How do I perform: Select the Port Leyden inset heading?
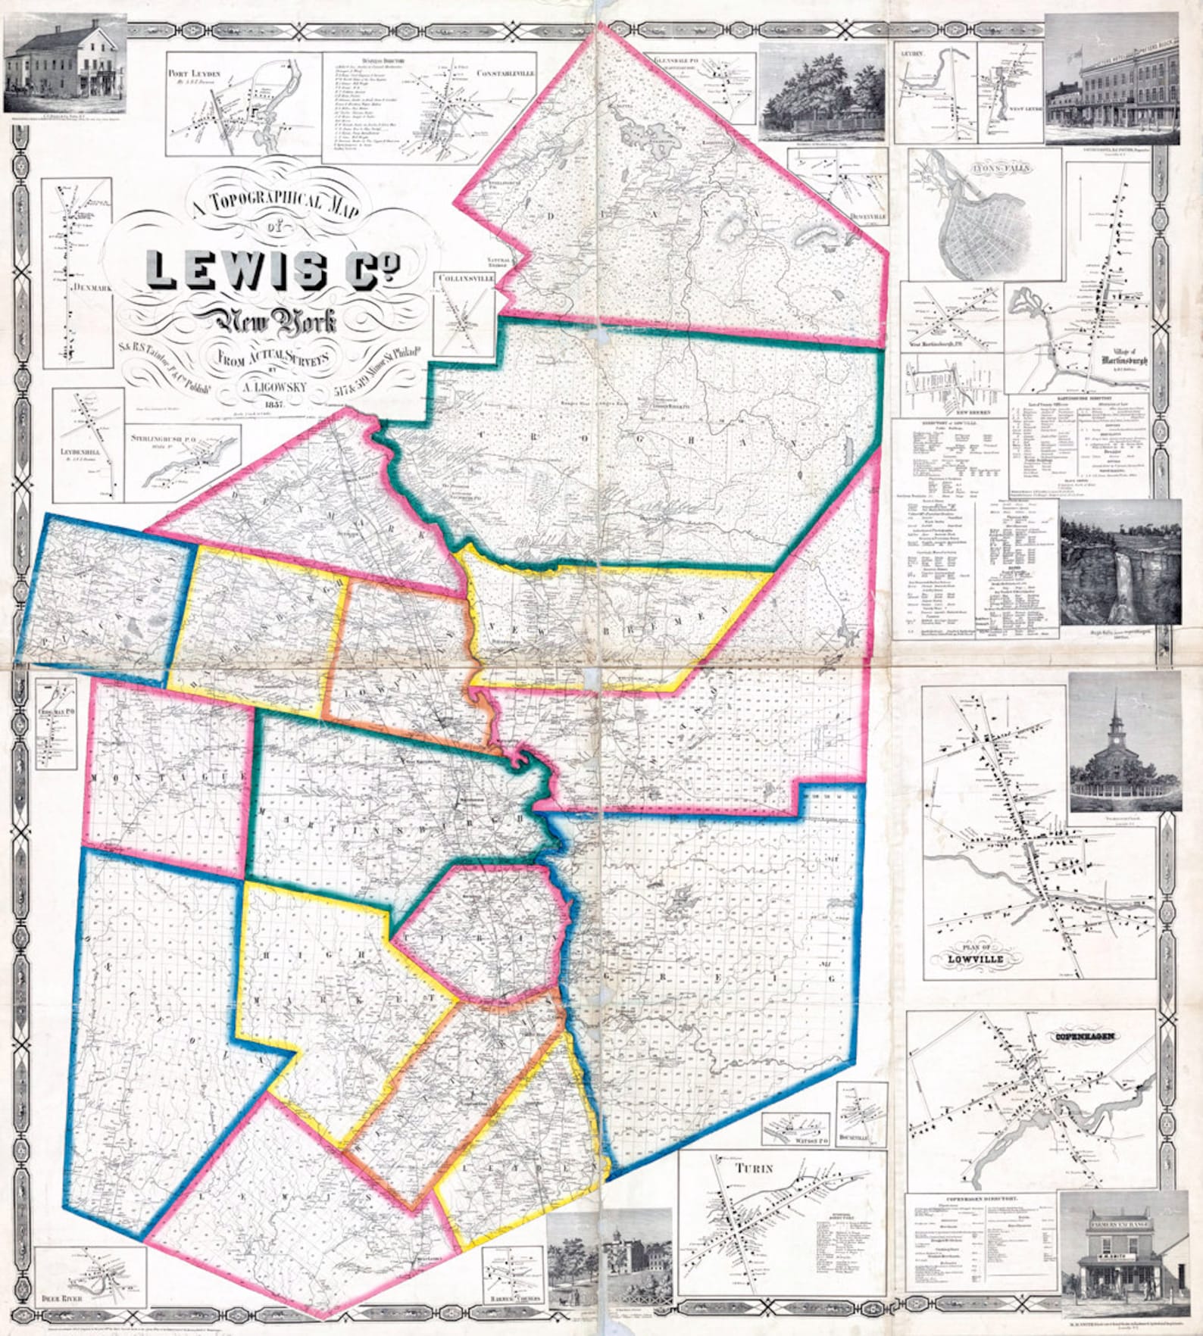(x=194, y=73)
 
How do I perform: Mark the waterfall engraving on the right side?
(x=1120, y=564)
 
